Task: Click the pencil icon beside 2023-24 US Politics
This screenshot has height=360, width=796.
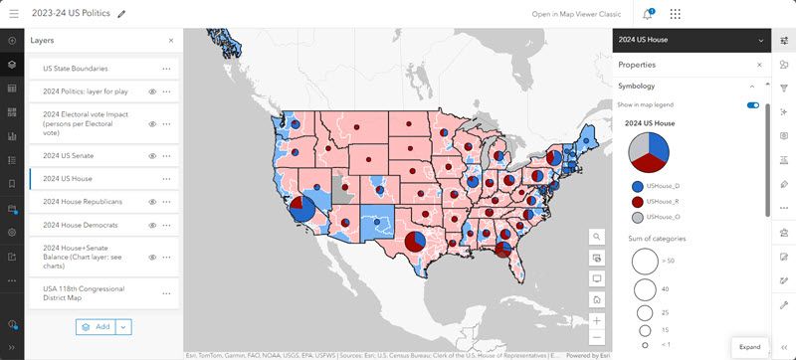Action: pyautogui.click(x=121, y=14)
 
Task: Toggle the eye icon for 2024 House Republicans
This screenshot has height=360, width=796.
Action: pyautogui.click(x=153, y=202)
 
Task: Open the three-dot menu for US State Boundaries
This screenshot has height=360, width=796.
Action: pyautogui.click(x=166, y=69)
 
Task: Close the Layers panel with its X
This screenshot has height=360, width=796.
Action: pyautogui.click(x=170, y=41)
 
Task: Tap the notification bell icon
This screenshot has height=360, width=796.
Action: pyautogui.click(x=648, y=14)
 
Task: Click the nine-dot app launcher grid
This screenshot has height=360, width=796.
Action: pyautogui.click(x=677, y=14)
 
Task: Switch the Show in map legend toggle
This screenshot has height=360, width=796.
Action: pyautogui.click(x=752, y=104)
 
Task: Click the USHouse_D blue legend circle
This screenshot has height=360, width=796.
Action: pyautogui.click(x=636, y=186)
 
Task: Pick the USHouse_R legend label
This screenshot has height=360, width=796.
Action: pyautogui.click(x=663, y=201)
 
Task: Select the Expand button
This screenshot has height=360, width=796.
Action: pyautogui.click(x=749, y=347)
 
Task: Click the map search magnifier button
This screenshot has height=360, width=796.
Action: pyautogui.click(x=596, y=237)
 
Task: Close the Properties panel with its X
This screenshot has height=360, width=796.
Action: pyautogui.click(x=759, y=65)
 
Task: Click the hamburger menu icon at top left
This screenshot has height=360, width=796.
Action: pyautogui.click(x=12, y=14)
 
